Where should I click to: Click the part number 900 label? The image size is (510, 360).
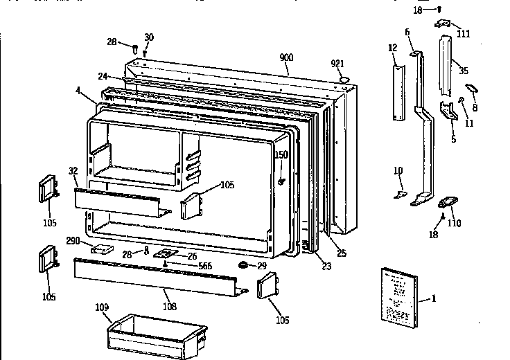pyautogui.click(x=285, y=57)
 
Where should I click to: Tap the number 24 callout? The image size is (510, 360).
pyautogui.click(x=102, y=76)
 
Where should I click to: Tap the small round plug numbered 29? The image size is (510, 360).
pyautogui.click(x=244, y=265)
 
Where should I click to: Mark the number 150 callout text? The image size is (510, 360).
pyautogui.click(x=281, y=154)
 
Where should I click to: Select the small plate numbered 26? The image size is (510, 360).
pyautogui.click(x=167, y=255)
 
